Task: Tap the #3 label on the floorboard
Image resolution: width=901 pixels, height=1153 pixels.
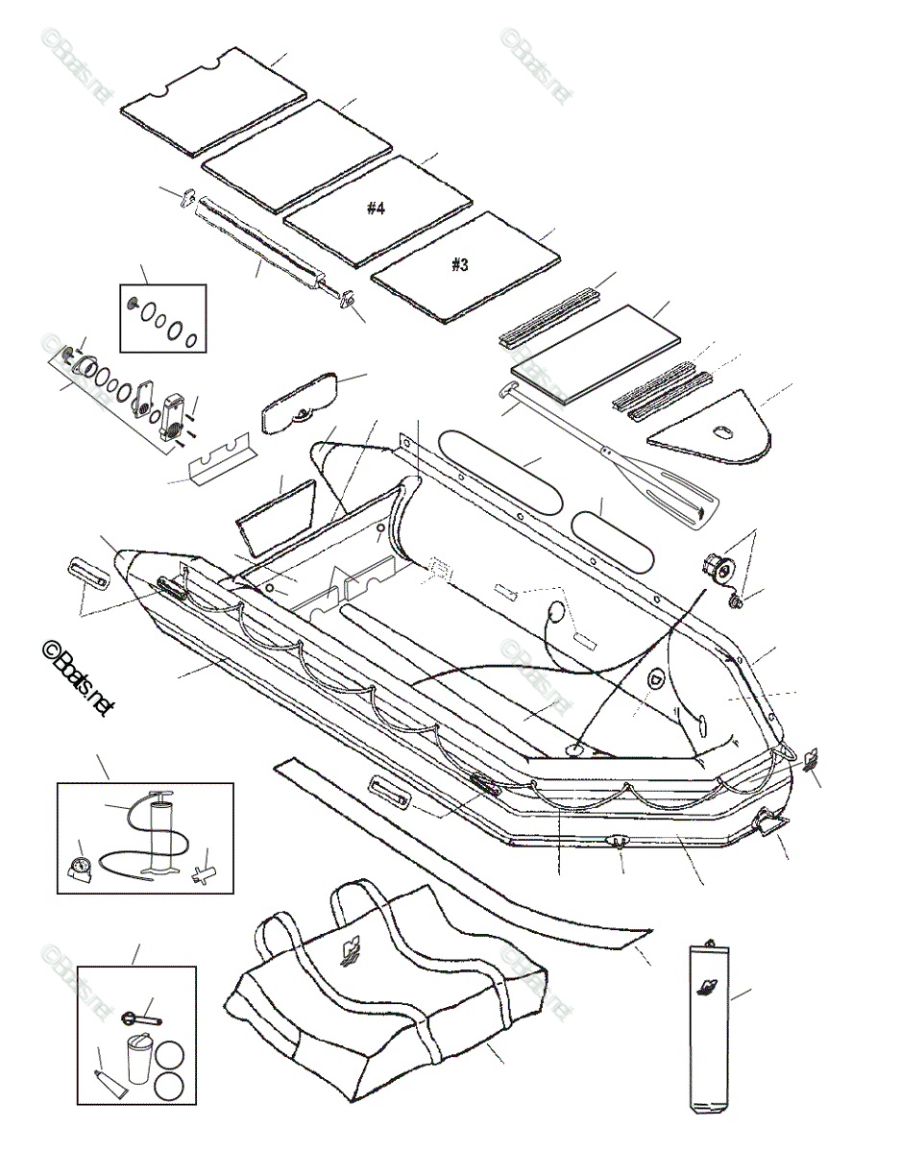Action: [x=460, y=264]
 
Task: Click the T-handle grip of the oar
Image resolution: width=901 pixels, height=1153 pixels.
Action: [x=508, y=391]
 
